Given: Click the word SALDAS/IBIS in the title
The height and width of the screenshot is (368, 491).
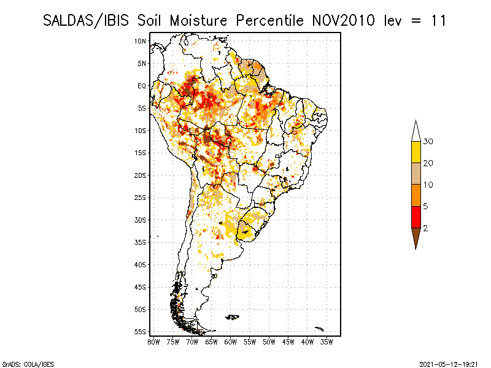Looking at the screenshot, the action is pyautogui.click(x=86, y=21).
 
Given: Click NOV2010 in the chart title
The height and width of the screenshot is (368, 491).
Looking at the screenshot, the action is pyautogui.click(x=343, y=21).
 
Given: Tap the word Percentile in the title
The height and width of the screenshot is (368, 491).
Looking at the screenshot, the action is pyautogui.click(x=269, y=21).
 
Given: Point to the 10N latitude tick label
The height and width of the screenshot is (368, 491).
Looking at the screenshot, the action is pyautogui.click(x=141, y=41).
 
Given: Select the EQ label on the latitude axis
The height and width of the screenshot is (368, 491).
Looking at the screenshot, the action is pyautogui.click(x=142, y=86).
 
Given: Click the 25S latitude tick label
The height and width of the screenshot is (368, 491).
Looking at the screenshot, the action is pyautogui.click(x=141, y=197).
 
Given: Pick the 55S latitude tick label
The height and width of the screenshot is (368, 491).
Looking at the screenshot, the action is pyautogui.click(x=141, y=332).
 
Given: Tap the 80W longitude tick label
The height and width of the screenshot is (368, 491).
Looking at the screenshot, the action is pyautogui.click(x=153, y=342).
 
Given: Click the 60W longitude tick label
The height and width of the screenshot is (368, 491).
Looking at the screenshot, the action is pyautogui.click(x=231, y=342).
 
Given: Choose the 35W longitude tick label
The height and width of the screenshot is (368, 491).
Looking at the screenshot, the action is pyautogui.click(x=327, y=342).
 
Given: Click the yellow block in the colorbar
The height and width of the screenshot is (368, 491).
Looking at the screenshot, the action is pyautogui.click(x=416, y=152).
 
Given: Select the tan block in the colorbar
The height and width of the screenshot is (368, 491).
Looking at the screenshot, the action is pyautogui.click(x=416, y=174).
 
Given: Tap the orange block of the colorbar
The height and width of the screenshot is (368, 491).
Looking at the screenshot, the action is pyautogui.click(x=416, y=195).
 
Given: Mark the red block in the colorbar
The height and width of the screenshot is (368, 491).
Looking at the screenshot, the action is pyautogui.click(x=416, y=217).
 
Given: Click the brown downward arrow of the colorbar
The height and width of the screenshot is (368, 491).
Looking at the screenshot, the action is pyautogui.click(x=416, y=236).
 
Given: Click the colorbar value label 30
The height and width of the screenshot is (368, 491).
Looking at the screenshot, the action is pyautogui.click(x=428, y=142).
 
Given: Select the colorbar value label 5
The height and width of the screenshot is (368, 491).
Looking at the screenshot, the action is pyautogui.click(x=425, y=206).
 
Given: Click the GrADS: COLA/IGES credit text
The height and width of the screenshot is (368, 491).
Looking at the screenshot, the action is pyautogui.click(x=28, y=364).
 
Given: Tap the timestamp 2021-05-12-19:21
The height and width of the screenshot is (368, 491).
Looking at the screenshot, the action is pyautogui.click(x=449, y=364).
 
